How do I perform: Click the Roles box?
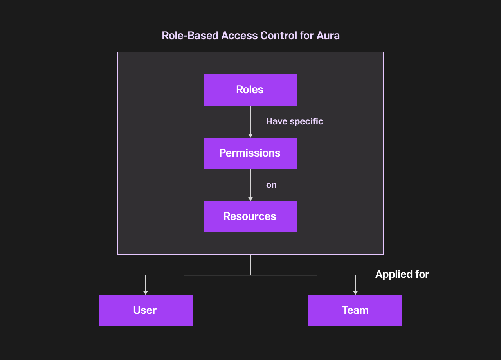pyautogui.click(x=250, y=90)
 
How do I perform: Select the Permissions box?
pyautogui.click(x=250, y=153)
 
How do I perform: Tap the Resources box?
pyautogui.click(x=250, y=217)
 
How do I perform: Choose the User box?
pyautogui.click(x=145, y=311)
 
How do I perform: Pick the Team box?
pyautogui.click(x=355, y=311)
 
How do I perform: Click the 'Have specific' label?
pyautogui.click(x=294, y=121)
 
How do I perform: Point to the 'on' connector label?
pyautogui.click(x=271, y=185)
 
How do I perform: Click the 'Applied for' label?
pyautogui.click(x=402, y=274)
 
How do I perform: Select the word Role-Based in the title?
pyautogui.click(x=190, y=36)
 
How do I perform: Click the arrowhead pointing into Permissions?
pyautogui.click(x=250, y=135)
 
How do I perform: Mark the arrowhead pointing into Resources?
pyautogui.click(x=250, y=199)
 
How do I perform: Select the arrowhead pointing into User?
pyautogui.click(x=146, y=293)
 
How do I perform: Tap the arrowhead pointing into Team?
pyautogui.click(x=355, y=293)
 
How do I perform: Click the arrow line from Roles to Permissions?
pyautogui.click(x=250, y=119)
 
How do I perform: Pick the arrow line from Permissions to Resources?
pyautogui.click(x=250, y=183)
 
